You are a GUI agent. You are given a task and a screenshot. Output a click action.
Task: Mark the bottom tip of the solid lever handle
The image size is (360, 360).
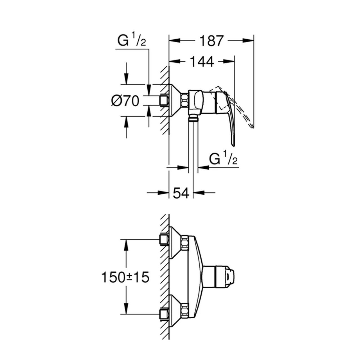tap(233, 146)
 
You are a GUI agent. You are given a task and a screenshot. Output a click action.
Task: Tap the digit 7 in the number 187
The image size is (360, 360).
tap(218, 41)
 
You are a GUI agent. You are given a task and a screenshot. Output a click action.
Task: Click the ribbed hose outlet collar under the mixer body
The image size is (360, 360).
tap(193, 118)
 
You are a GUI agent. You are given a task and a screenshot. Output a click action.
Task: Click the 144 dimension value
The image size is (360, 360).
tap(202, 62)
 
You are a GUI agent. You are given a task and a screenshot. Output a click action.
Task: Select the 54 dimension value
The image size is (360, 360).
tap(181, 193)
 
